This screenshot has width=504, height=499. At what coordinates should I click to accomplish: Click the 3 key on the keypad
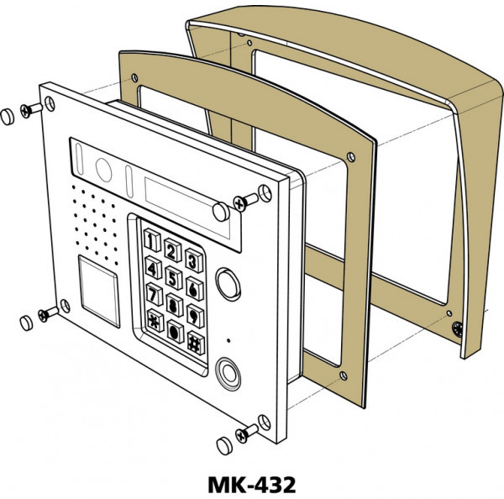[x=192, y=261]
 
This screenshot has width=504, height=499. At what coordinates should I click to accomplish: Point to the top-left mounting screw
[x=32, y=109]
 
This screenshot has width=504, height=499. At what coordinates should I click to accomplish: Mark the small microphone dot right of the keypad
[x=228, y=340]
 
